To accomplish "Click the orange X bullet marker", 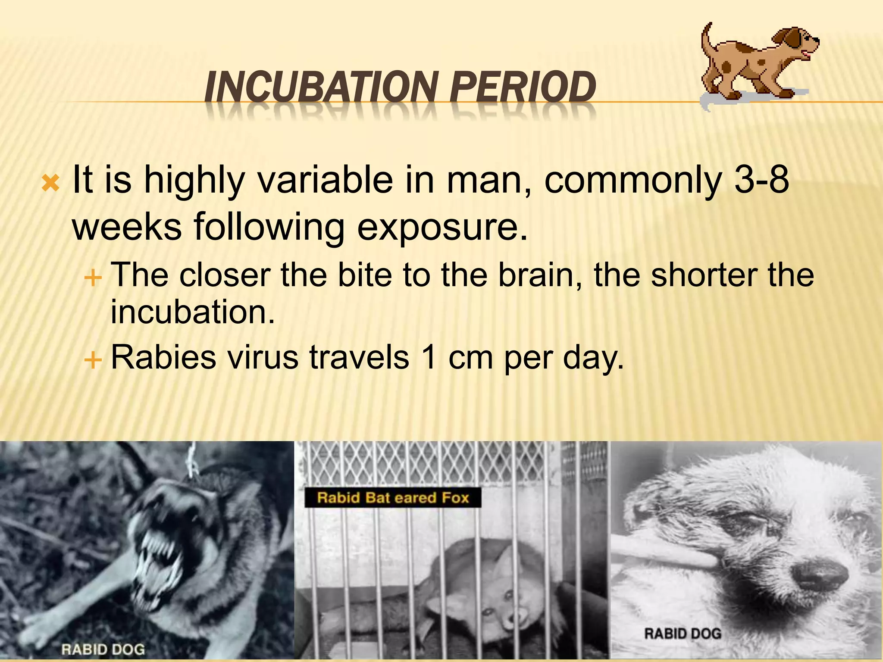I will (x=50, y=184).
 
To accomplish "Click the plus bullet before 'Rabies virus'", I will (x=93, y=359).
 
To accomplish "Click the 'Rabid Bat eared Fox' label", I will (x=392, y=498).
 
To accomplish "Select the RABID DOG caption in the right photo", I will (x=683, y=634).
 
